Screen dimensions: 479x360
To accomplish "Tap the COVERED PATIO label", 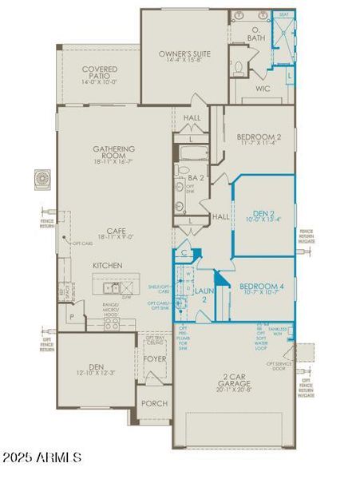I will tap(99, 70).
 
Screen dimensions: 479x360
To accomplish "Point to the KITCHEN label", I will tap(108, 264).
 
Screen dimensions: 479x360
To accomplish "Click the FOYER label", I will tap(153, 358).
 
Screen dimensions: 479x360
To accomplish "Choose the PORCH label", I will tap(154, 403).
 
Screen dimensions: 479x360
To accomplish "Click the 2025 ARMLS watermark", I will tap(42, 458).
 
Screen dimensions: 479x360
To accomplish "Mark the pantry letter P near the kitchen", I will tap(72, 317).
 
